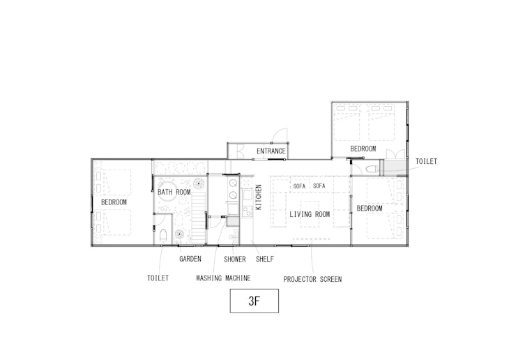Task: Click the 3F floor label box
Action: tap(254, 301)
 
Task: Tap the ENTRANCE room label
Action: tap(271, 151)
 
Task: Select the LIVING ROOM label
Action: tap(310, 214)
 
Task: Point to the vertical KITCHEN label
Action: tap(259, 197)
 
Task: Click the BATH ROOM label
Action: tap(174, 192)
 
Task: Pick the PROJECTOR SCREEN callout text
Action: tap(312, 280)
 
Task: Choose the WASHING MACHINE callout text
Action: tap(223, 278)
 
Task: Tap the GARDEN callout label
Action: tap(190, 259)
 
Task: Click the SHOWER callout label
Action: tap(235, 260)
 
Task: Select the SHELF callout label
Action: tap(265, 259)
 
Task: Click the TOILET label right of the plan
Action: tap(426, 161)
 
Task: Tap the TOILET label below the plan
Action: tap(158, 278)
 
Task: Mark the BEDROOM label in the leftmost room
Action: tap(114, 202)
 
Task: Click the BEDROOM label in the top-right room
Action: tap(363, 149)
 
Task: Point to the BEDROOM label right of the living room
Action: tap(370, 209)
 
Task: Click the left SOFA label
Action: tap(299, 186)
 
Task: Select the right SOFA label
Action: tap(319, 186)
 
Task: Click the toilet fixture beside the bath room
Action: tap(163, 235)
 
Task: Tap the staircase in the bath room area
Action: tap(199, 218)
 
